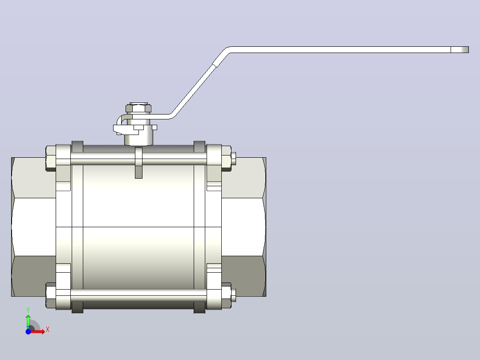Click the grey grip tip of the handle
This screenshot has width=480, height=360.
click(x=460, y=49)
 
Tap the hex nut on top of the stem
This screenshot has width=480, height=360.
click(x=138, y=108)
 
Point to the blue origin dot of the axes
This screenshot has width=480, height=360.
click(x=28, y=331)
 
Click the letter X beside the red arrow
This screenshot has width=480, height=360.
click(x=48, y=330)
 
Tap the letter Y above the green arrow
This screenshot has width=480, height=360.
click(x=28, y=310)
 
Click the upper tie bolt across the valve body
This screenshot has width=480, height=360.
click(x=138, y=159)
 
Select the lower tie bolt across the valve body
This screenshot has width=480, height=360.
click(x=138, y=295)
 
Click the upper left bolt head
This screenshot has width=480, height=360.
click(x=51, y=159)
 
